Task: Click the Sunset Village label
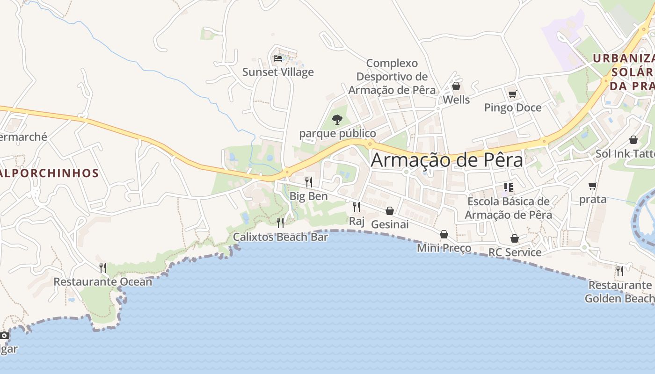(x=278, y=72)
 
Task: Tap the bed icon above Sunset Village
(x=278, y=58)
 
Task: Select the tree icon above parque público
(x=337, y=120)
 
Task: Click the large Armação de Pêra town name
(x=446, y=160)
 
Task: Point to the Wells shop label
(x=456, y=100)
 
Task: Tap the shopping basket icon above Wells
(x=456, y=86)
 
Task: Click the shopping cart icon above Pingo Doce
(x=512, y=94)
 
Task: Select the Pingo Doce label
(x=513, y=108)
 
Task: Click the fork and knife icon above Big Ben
(x=309, y=182)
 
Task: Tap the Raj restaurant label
(x=357, y=221)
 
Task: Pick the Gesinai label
(x=390, y=224)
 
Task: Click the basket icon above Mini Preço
(x=444, y=234)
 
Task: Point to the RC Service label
(x=515, y=252)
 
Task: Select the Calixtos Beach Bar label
(x=281, y=237)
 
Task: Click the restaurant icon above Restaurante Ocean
(x=103, y=268)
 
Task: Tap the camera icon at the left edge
(x=5, y=336)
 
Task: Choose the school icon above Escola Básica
(x=509, y=188)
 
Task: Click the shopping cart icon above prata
(x=593, y=186)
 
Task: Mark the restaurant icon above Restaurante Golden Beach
(x=620, y=271)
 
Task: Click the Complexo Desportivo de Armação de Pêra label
(x=392, y=76)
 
